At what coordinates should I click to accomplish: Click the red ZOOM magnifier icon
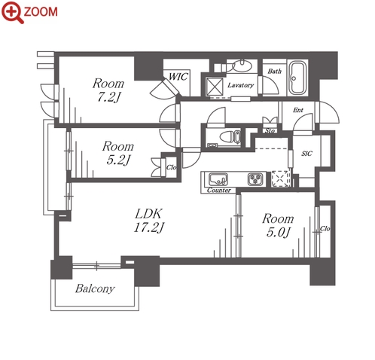(13, 12)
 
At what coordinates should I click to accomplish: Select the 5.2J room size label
(118, 160)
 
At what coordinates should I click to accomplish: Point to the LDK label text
(148, 214)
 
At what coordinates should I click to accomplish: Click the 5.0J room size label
(278, 232)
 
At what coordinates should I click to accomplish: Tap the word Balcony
(95, 288)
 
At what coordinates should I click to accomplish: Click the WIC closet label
(178, 77)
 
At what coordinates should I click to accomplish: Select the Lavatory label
(240, 85)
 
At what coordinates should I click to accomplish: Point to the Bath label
(274, 72)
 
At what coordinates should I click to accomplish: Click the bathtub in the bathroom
(297, 77)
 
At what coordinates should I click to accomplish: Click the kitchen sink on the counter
(218, 179)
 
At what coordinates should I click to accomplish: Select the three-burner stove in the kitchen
(255, 179)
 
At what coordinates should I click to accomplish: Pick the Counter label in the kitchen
(219, 191)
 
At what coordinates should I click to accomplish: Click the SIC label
(306, 154)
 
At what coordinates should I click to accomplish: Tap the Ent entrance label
(298, 110)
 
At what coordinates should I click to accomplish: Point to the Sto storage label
(270, 131)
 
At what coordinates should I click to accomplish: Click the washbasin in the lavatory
(242, 66)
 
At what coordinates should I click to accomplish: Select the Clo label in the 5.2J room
(171, 167)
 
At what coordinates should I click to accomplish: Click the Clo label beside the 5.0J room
(325, 229)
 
